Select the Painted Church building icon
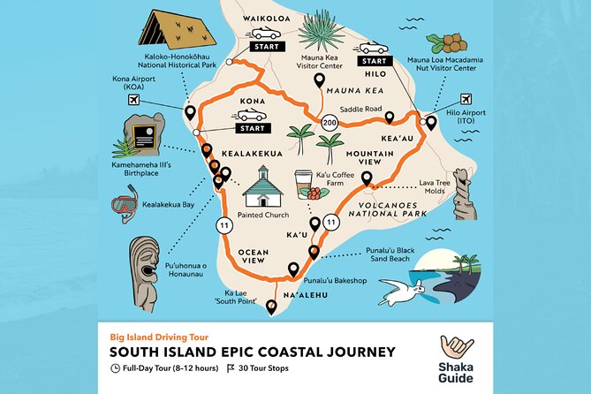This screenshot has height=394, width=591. pyautogui.click(x=269, y=187)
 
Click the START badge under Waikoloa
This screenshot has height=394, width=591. pyautogui.click(x=267, y=45)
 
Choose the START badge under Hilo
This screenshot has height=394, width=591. pyautogui.click(x=373, y=62)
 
